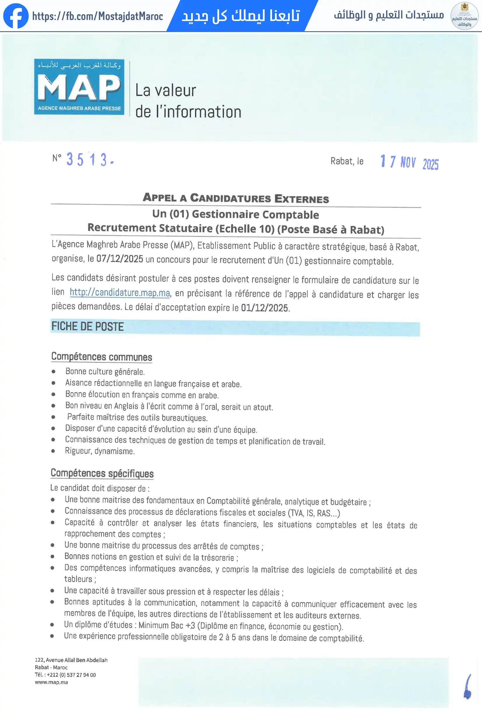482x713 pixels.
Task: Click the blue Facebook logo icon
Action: [16, 16]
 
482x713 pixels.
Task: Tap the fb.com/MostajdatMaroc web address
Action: [97, 16]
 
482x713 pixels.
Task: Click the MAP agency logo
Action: [79, 87]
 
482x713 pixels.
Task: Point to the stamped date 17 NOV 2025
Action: [409, 162]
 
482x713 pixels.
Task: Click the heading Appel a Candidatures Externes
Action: [236, 198]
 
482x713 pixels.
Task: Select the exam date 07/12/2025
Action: [120, 259]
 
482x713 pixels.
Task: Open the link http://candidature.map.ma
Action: [120, 292]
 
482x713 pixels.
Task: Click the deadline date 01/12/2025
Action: [265, 308]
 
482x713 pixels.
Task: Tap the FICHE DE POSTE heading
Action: [87, 326]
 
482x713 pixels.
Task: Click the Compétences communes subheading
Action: [101, 357]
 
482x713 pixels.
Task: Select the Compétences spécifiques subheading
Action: [102, 473]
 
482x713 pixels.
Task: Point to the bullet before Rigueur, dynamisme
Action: [53, 451]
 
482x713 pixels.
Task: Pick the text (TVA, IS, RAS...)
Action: [313, 513]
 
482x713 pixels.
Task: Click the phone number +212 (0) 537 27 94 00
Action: [71, 675]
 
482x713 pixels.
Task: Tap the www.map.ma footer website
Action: [51, 682]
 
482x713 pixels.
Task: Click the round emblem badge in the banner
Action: [464, 16]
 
